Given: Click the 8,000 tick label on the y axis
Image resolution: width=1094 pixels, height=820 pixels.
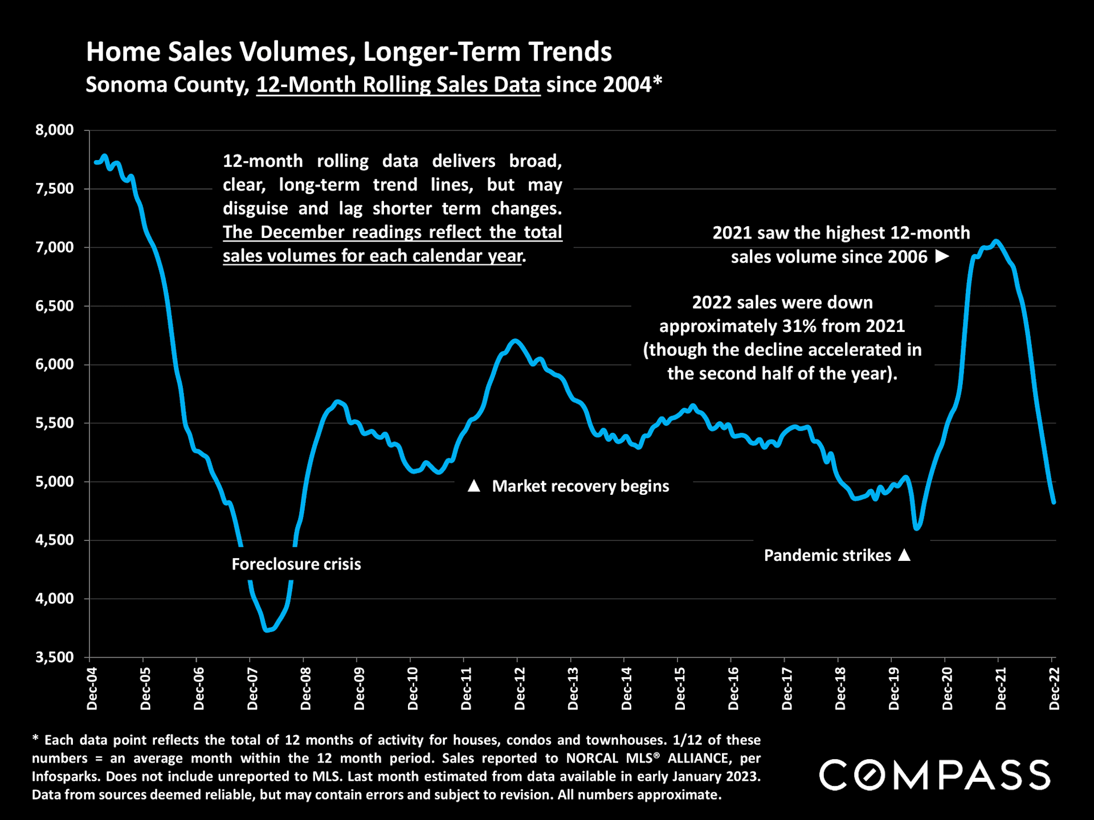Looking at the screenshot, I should [x=55, y=130].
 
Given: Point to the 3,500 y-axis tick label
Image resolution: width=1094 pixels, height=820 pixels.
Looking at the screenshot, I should [x=55, y=658].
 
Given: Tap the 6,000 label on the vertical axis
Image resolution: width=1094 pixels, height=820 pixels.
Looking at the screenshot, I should [x=55, y=365].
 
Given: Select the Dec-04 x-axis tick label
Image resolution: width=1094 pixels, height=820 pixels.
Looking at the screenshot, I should [x=92, y=689].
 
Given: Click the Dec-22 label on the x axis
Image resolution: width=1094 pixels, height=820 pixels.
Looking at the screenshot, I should [x=1054, y=689].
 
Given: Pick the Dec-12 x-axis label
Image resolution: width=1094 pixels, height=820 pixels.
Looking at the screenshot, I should [x=520, y=689].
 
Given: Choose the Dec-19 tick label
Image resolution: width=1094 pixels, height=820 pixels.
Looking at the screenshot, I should [x=894, y=689].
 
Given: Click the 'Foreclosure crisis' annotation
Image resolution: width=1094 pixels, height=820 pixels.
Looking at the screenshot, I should [x=296, y=564].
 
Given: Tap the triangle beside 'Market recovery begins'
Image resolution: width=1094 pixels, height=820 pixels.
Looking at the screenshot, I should [x=473, y=486].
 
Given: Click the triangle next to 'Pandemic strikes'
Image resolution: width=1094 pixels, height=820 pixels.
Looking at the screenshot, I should [x=904, y=555].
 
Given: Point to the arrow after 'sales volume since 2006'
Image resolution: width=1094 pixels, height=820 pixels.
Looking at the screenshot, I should [x=942, y=257].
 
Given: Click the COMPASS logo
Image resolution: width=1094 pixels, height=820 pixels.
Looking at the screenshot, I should [x=934, y=775].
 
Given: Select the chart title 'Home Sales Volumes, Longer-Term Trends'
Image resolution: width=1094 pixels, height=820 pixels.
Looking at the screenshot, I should [x=349, y=52].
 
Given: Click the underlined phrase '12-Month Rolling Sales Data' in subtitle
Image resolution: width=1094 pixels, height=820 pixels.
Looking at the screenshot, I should [x=398, y=85].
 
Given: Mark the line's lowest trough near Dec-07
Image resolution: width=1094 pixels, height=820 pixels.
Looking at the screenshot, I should [x=268, y=630].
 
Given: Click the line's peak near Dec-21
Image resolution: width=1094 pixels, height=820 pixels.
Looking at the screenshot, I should [x=995, y=241].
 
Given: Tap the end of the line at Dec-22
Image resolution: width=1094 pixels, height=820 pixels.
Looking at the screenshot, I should [x=1054, y=502].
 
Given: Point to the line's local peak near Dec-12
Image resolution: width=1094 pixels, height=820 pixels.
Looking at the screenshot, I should [x=515, y=341].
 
